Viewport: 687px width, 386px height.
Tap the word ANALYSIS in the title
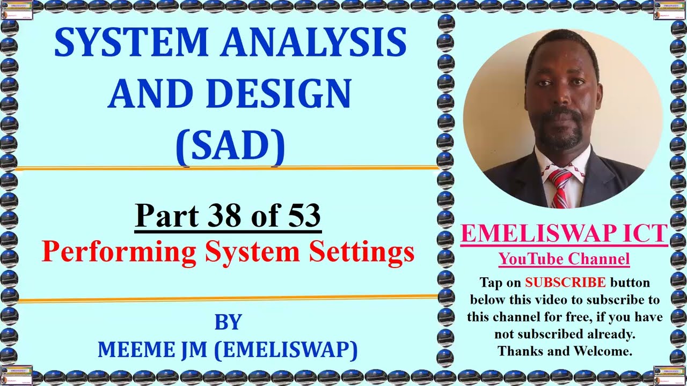click(311, 43)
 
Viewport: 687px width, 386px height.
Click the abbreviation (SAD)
click(230, 144)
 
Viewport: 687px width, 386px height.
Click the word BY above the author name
click(228, 322)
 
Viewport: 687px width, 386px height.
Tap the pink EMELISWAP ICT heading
click(564, 234)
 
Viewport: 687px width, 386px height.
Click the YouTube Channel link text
click(564, 259)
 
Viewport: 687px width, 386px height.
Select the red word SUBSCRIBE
click(565, 282)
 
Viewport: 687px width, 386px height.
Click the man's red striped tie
click(560, 188)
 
